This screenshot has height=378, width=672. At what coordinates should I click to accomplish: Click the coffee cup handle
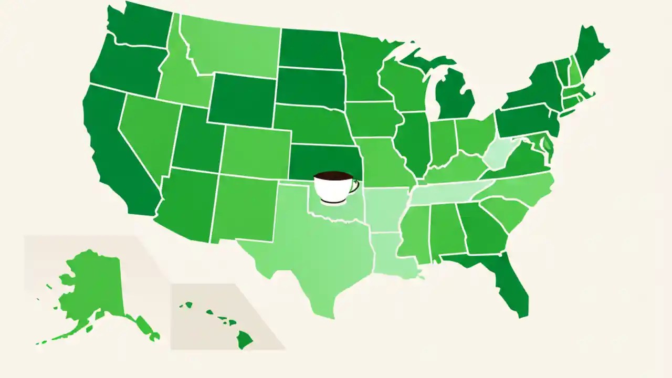[355, 185]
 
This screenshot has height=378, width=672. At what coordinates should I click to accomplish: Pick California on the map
[115, 152]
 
